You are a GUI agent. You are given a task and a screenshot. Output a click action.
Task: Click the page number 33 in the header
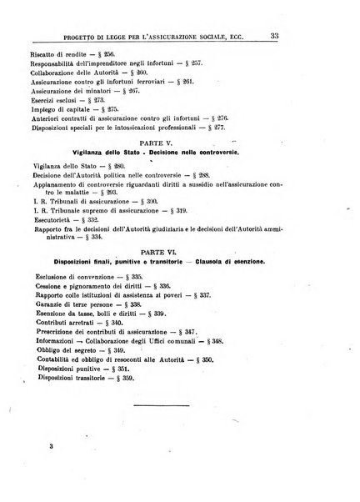(332, 35)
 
